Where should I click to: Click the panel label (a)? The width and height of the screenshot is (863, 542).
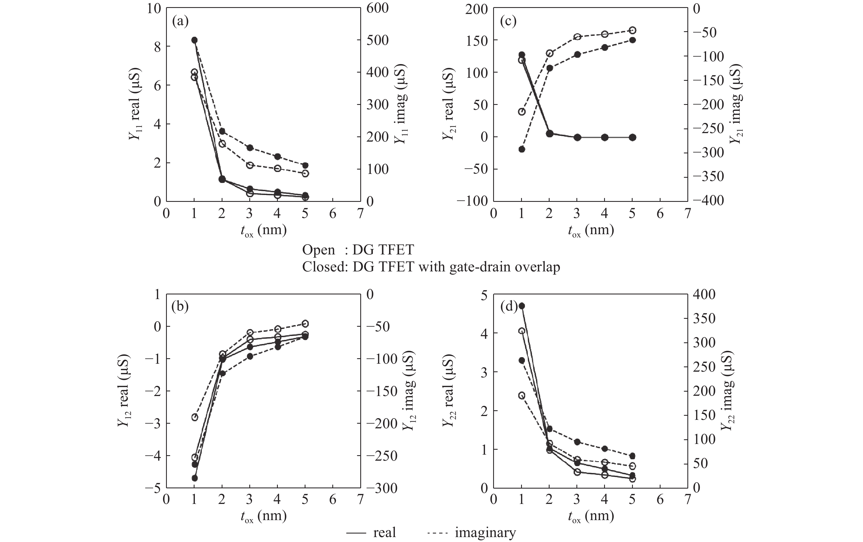[x=180, y=22]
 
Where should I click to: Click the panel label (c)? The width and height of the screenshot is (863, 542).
[x=508, y=22]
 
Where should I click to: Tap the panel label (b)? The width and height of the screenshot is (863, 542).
[x=180, y=307]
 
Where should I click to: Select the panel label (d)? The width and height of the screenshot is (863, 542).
[x=508, y=307]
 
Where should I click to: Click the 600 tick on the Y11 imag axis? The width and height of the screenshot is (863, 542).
[x=377, y=8]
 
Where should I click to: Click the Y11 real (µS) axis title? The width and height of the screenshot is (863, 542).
[x=135, y=104]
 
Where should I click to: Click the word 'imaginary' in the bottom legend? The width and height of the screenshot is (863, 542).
[x=485, y=532]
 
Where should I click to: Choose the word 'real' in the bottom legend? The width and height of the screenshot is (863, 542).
[x=384, y=532]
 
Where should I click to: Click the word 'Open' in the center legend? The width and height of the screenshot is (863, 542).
[x=318, y=250]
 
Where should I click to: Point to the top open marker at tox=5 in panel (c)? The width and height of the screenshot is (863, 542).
[x=633, y=30]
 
